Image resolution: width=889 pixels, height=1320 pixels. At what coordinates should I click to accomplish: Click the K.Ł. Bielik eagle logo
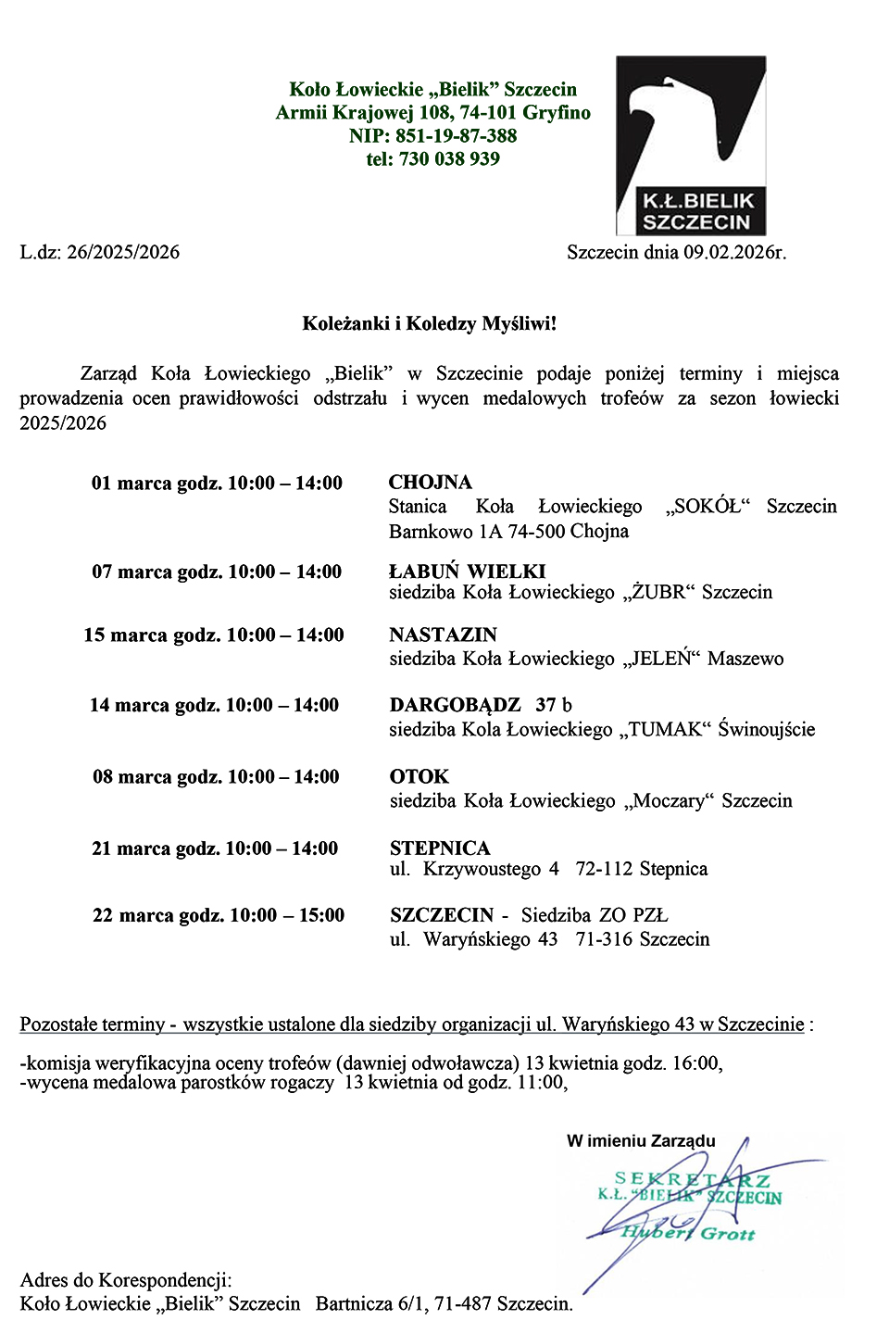click(691, 145)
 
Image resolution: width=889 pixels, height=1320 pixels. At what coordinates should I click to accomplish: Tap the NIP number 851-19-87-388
click(457, 136)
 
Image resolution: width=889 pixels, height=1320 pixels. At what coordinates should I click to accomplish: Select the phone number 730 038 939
click(449, 159)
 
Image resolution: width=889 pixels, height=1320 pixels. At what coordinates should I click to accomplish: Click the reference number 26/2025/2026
click(123, 253)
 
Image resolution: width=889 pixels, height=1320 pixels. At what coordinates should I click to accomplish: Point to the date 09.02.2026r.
click(734, 252)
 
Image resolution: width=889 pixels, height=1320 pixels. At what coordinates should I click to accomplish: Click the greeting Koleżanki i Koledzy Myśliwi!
click(430, 324)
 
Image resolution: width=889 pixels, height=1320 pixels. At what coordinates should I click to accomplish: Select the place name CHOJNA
click(431, 483)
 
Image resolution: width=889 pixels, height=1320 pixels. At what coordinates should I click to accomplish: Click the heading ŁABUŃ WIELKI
click(468, 572)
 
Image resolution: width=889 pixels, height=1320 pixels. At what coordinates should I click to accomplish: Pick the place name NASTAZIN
click(444, 635)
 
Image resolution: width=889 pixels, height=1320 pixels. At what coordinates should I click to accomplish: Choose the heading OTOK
click(419, 777)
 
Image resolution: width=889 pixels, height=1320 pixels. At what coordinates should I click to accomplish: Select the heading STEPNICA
click(440, 849)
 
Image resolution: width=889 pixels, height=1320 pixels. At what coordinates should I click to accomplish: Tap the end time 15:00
click(321, 916)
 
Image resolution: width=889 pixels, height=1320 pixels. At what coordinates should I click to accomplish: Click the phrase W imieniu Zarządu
click(641, 1141)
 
